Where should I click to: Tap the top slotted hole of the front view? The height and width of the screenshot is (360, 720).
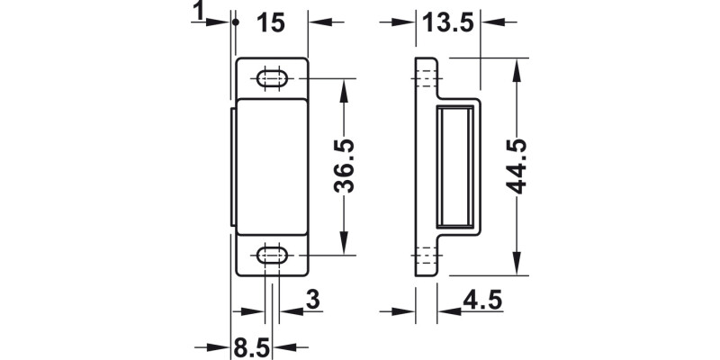pyautogui.click(x=272, y=78)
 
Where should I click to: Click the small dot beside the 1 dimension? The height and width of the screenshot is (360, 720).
pyautogui.click(x=233, y=22)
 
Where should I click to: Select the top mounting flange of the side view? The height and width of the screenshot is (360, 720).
pyautogui.click(x=426, y=77)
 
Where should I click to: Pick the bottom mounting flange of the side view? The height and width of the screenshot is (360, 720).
pyautogui.click(x=426, y=258)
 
